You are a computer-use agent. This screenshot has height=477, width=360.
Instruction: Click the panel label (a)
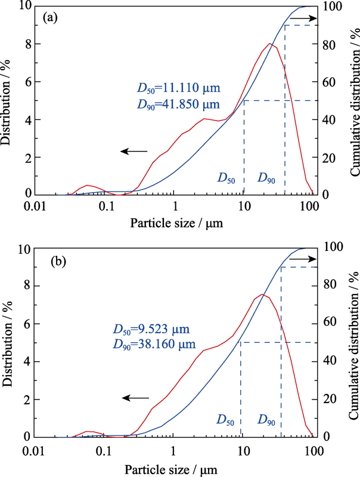pos(50,17)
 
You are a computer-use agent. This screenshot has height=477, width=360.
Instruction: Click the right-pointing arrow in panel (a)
pos(304,19)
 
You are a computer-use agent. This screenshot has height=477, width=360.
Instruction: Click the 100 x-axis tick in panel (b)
pos(313,451)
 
